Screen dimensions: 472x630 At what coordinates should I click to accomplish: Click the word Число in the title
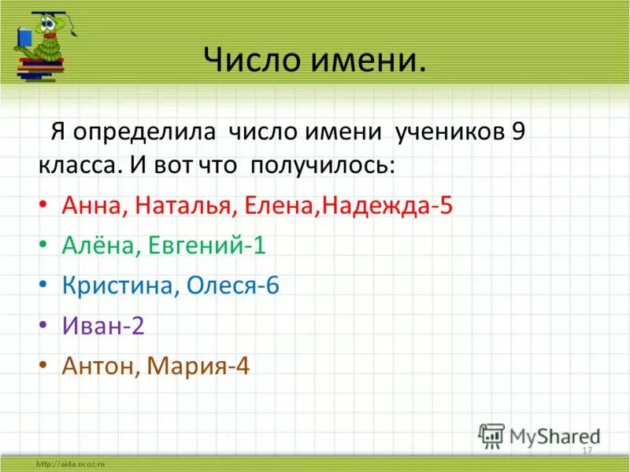point(250,60)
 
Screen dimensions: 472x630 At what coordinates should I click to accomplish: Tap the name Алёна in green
point(96,245)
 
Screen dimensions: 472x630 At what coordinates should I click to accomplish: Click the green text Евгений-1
point(201,246)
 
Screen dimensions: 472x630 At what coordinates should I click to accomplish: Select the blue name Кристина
point(120,286)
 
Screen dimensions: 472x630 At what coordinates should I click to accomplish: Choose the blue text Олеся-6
point(233,286)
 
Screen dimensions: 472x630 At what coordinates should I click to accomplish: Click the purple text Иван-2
point(103,326)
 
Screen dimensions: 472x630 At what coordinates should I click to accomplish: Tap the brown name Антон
point(97,366)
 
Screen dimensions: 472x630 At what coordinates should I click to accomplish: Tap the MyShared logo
point(539,436)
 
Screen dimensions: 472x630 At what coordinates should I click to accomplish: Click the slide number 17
point(587,450)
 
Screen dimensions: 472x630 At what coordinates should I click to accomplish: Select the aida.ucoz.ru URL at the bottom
point(70,464)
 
